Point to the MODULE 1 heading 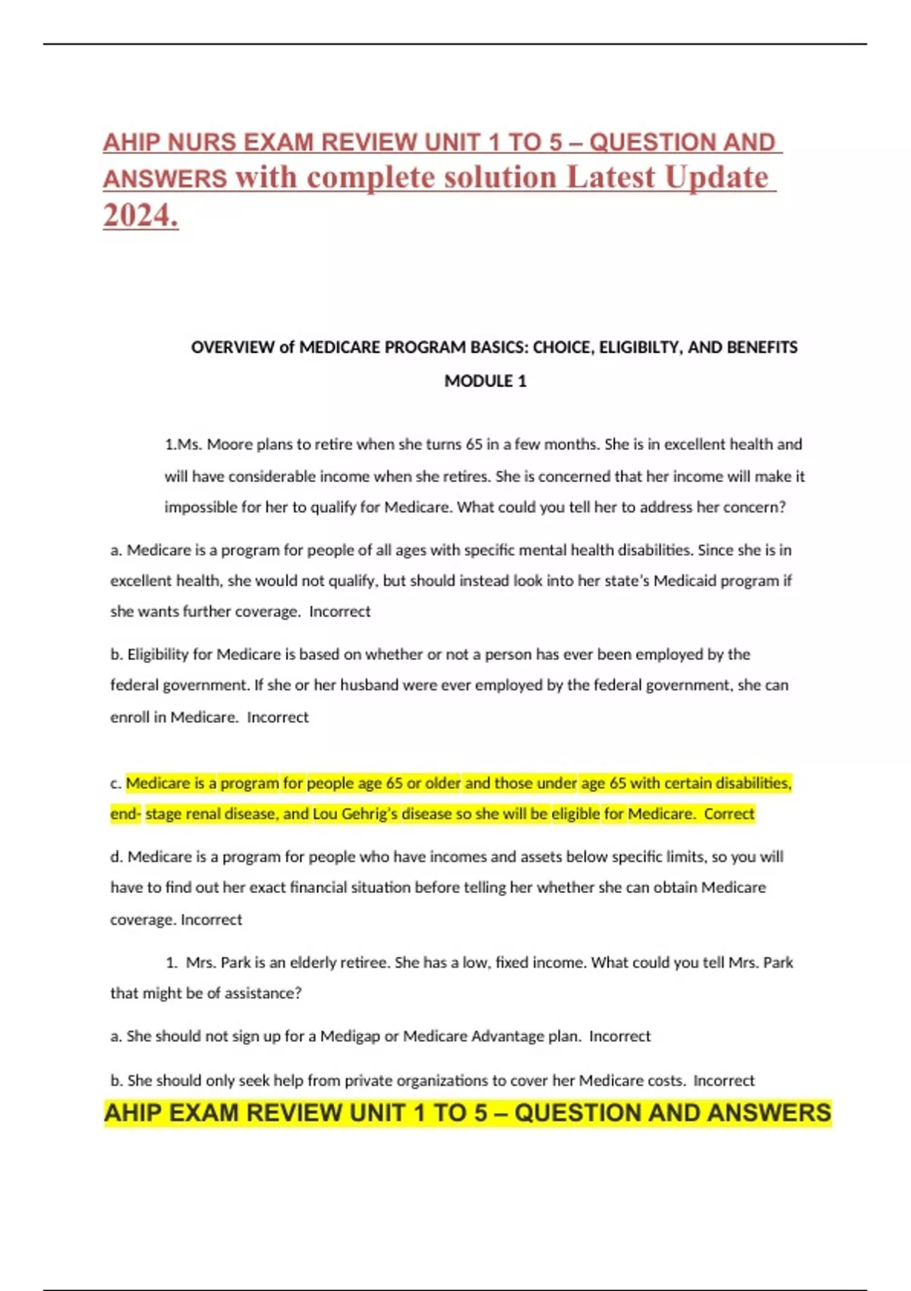485,381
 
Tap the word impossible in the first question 200,507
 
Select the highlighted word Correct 729,814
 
